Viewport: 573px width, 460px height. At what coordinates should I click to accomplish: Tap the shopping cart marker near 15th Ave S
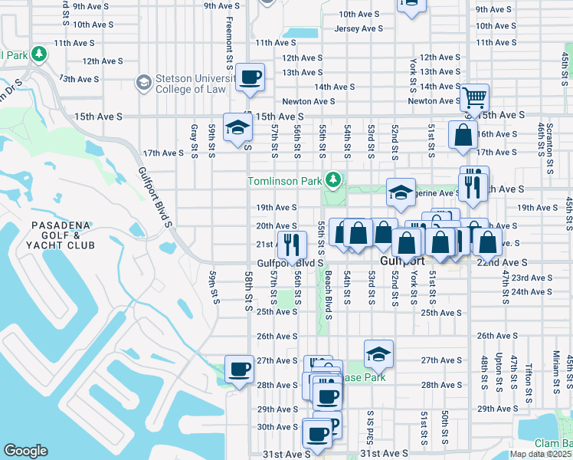tap(475, 97)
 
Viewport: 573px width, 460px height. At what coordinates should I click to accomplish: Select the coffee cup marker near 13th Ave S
tap(250, 77)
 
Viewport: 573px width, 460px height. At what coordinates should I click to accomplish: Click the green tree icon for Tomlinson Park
tap(332, 180)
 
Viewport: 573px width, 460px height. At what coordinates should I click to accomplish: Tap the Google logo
tap(25, 451)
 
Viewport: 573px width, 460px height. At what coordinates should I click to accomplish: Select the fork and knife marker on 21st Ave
tap(292, 245)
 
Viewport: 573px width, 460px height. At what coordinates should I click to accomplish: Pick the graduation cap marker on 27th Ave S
tap(378, 353)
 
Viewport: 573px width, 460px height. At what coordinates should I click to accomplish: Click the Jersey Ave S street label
tap(359, 28)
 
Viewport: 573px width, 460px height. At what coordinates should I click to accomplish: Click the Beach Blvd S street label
tap(328, 292)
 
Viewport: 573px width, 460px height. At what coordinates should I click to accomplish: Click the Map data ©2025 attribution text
tap(540, 454)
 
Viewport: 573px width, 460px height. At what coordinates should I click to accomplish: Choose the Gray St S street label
tap(195, 141)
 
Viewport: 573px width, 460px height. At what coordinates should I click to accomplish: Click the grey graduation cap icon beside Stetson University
tap(142, 82)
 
